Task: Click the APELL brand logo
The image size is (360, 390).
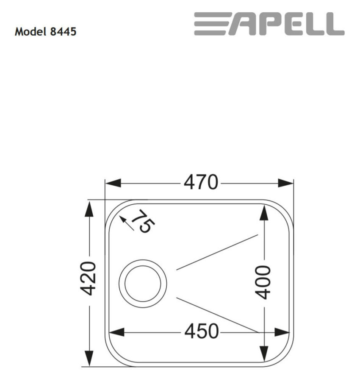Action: click(x=269, y=24)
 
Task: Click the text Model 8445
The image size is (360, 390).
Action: click(x=45, y=32)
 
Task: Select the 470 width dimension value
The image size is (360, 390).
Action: click(x=201, y=183)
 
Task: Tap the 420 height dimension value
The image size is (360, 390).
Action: click(x=89, y=278)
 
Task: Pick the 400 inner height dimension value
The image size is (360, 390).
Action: click(x=264, y=282)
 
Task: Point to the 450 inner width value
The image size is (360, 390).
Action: click(x=201, y=332)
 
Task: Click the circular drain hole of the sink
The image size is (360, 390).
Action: click(x=143, y=281)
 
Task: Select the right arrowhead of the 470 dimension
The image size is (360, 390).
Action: click(x=285, y=183)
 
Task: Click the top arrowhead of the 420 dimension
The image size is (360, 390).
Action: click(x=89, y=209)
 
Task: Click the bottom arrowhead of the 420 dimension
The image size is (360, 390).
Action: click(x=89, y=357)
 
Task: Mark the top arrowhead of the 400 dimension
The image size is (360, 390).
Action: click(x=264, y=212)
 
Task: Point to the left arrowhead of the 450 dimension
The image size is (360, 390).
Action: click(x=117, y=332)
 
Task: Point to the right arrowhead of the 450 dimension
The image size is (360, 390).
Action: click(x=282, y=332)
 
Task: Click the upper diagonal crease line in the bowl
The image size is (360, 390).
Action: click(x=217, y=252)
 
